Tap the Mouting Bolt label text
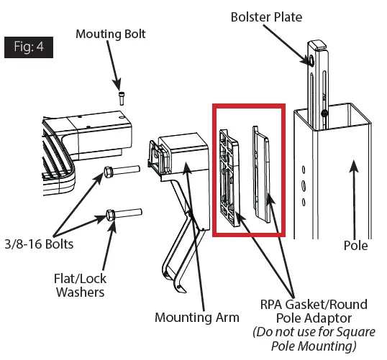(109, 34)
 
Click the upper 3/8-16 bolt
(122, 172)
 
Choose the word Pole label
(355, 246)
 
